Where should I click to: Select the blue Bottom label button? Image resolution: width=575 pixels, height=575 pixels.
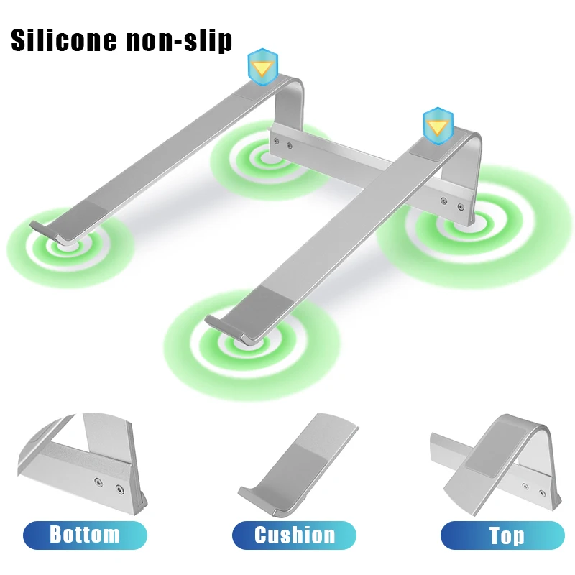85,535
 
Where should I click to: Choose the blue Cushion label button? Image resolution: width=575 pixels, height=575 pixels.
294,535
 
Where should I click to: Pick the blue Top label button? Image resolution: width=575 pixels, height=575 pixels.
502,535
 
